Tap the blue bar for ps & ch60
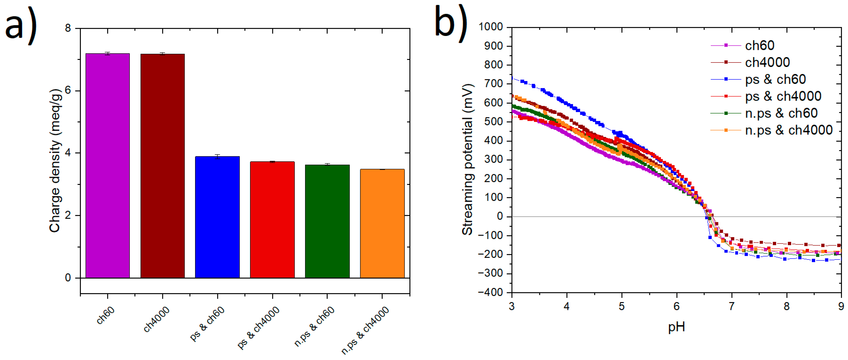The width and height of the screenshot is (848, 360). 217,217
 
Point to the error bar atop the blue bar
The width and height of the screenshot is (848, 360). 217,156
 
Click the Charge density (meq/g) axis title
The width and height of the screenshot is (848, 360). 55,161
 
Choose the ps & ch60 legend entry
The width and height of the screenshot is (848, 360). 775,79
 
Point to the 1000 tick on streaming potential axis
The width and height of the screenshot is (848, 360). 491,27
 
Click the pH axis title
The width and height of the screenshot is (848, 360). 676,327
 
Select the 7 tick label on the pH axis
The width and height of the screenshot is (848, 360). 732,306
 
